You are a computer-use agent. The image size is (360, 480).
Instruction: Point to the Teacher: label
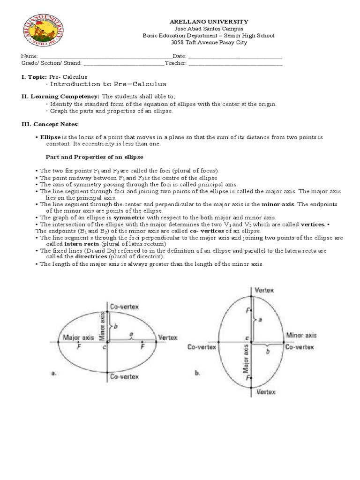tap(176, 63)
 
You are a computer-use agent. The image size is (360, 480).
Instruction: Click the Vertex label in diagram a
tap(168, 337)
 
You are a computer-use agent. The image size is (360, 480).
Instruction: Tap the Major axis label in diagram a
tap(78, 337)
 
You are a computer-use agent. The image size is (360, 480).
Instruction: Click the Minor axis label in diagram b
tap(301, 335)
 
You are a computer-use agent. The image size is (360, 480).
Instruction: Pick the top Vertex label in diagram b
tap(264, 290)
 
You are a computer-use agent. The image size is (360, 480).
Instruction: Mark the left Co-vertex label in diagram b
tap(202, 347)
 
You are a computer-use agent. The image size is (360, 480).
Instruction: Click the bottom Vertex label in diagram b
tap(265, 391)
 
